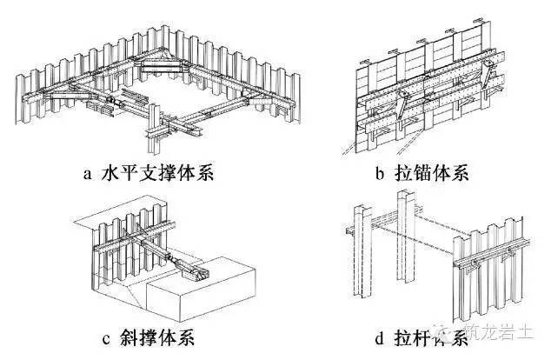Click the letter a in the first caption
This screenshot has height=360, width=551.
click(86, 172)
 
